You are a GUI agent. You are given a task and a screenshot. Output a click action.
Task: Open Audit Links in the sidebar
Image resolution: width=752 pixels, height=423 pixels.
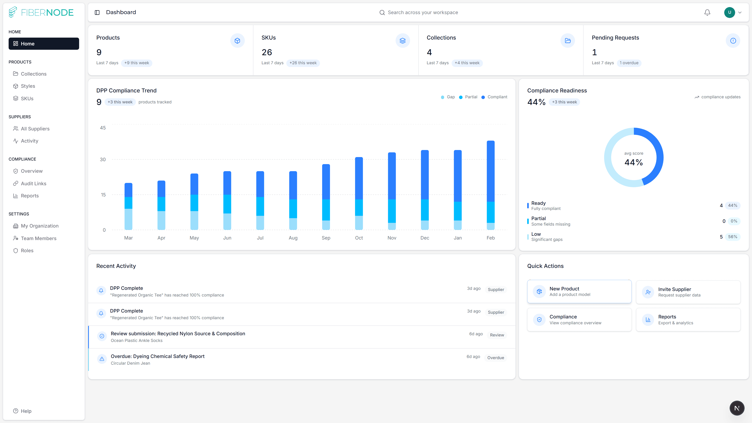point(33,183)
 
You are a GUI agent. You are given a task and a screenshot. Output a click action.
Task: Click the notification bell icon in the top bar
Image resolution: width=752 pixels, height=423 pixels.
point(707,12)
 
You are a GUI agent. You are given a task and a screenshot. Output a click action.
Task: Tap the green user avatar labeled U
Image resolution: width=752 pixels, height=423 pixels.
point(729,12)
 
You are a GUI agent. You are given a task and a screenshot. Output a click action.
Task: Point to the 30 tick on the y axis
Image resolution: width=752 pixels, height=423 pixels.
point(103,159)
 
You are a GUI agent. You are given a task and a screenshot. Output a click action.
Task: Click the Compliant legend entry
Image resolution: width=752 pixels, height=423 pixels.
point(497,97)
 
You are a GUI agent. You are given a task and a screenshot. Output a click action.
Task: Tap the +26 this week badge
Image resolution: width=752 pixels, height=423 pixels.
point(303,63)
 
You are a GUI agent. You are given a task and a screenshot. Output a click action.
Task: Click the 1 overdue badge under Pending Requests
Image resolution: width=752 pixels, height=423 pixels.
point(629,63)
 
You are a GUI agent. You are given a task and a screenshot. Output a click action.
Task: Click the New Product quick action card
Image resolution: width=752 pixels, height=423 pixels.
point(579,291)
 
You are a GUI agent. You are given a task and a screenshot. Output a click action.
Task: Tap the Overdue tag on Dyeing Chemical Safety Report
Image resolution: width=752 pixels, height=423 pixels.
point(495,358)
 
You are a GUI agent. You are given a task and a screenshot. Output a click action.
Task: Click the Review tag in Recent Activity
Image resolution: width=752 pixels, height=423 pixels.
point(497,335)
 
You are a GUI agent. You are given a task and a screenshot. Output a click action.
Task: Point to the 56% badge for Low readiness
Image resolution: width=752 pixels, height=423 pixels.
point(732,237)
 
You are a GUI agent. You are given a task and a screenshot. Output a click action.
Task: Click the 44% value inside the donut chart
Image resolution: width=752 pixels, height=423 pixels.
point(634,162)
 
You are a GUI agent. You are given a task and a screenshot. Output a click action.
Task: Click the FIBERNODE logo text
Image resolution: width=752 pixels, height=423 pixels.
point(47,12)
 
